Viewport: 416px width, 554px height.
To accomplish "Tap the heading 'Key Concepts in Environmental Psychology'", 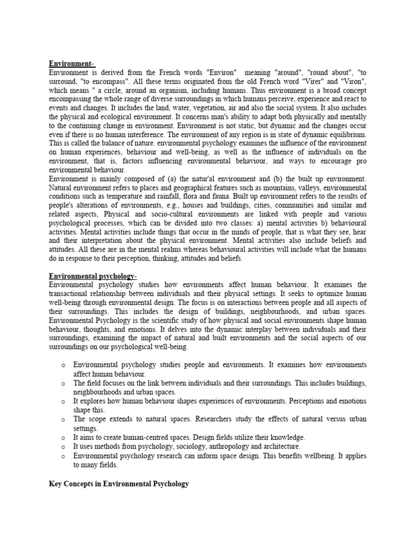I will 119,484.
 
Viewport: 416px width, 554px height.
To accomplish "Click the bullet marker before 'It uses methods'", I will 63,447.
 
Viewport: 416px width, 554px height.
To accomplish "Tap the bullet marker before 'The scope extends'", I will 63,420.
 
